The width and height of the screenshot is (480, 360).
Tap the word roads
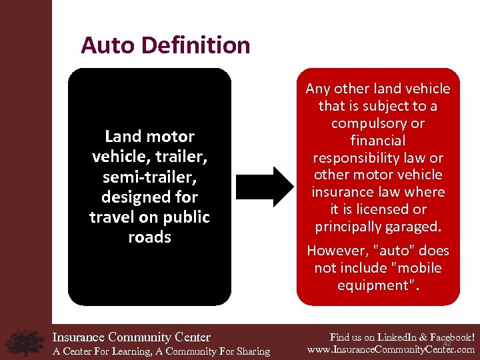pyautogui.click(x=149, y=237)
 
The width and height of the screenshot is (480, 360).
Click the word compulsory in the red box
pyautogui.click(x=377, y=123)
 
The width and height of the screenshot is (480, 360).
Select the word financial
pyautogui.click(x=377, y=141)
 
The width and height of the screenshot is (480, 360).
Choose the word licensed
pyautogui.click(x=385, y=209)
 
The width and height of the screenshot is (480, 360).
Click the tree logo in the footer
pyautogui.click(x=25, y=342)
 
